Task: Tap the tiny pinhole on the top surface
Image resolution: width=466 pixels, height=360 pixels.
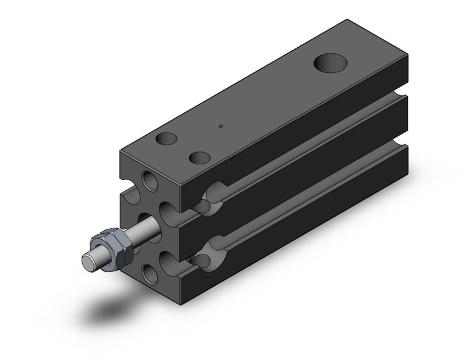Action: click(221, 127)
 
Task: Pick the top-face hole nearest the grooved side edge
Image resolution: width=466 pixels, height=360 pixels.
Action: click(199, 158)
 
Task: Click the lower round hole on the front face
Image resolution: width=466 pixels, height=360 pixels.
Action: click(150, 274)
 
